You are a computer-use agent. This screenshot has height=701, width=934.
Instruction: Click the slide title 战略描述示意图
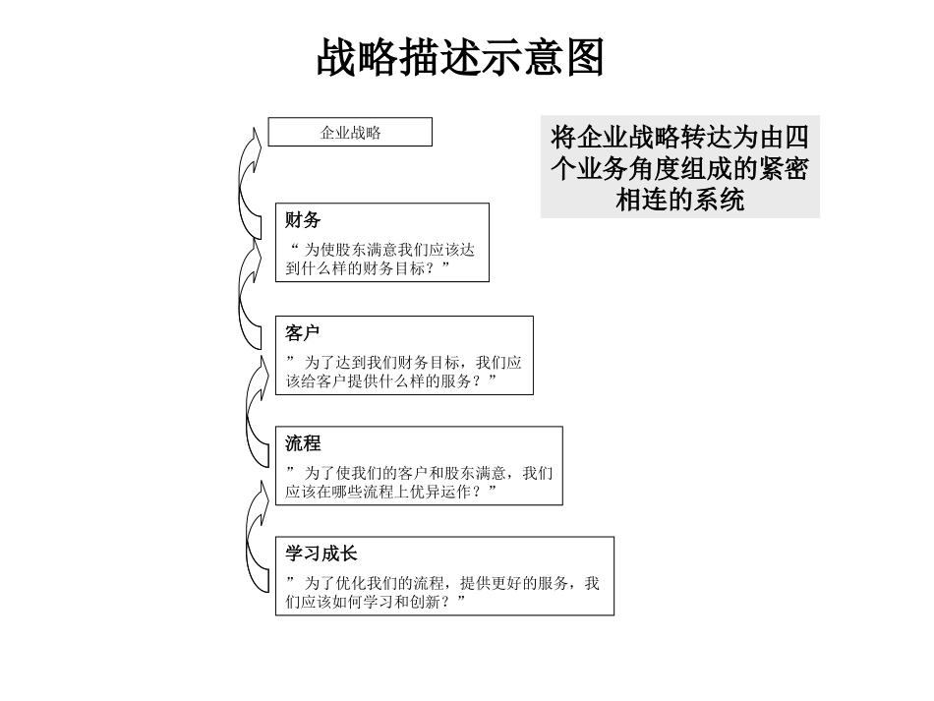[x=460, y=58]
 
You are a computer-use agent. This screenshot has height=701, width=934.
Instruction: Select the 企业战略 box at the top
[x=350, y=132]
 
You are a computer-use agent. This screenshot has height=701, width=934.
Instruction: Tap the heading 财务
[x=303, y=219]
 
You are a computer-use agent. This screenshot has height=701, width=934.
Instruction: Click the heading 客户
[x=303, y=332]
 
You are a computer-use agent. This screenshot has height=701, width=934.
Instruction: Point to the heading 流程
[x=303, y=443]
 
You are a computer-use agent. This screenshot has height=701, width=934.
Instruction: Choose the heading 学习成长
[x=321, y=554]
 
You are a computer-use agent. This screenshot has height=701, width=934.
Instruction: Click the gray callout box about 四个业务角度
[x=679, y=168]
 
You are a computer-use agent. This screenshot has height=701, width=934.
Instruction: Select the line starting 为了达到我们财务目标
[x=403, y=362]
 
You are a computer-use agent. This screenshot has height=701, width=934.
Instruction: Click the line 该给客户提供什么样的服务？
[x=390, y=380]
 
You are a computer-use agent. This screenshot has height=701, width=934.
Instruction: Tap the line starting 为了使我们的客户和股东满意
[x=419, y=473]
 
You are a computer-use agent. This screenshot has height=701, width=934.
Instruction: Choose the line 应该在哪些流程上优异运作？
[x=390, y=492]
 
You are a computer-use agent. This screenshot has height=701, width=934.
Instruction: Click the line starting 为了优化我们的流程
[x=442, y=583]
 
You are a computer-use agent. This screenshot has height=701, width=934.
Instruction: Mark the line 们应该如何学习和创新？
[x=375, y=602]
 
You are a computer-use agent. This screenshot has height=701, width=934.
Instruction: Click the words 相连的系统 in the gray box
[x=679, y=200]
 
